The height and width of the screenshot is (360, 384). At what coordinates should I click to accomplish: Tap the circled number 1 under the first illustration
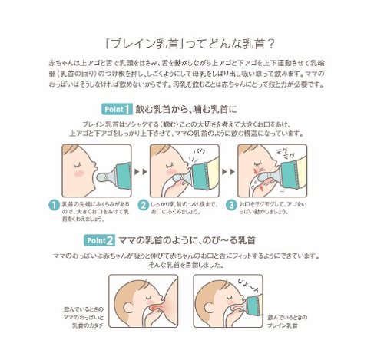(x=54, y=204)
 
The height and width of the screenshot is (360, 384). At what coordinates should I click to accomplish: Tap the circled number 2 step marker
(x=143, y=204)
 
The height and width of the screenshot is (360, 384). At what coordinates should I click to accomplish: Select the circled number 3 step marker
(x=232, y=204)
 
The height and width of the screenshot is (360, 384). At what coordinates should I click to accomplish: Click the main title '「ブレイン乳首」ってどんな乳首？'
(x=191, y=43)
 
